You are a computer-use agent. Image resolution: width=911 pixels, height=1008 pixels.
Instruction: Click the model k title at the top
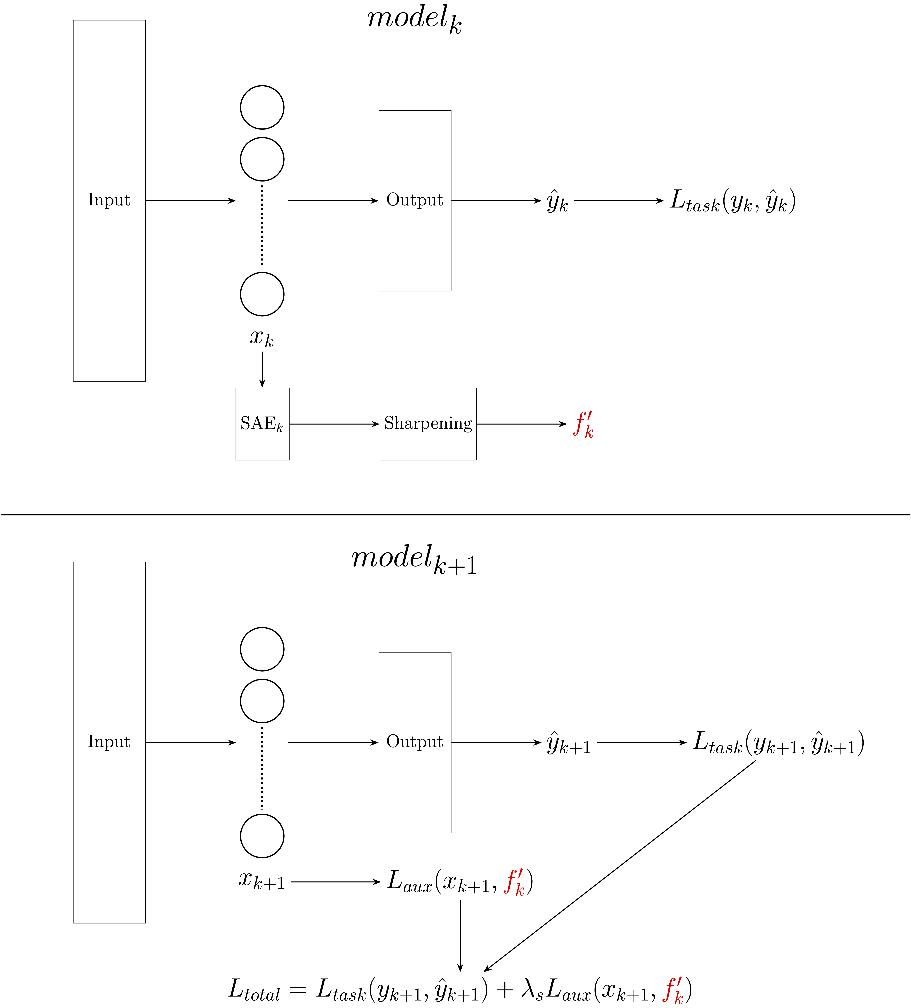click(414, 20)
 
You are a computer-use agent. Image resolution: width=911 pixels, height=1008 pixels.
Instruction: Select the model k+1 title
click(414, 560)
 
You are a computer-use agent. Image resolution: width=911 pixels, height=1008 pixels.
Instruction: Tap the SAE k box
click(262, 424)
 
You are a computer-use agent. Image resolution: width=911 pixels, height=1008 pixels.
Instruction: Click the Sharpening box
click(428, 424)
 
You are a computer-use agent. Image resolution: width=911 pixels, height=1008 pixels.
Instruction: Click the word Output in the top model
click(415, 200)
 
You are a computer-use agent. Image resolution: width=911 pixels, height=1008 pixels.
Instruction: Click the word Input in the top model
click(109, 200)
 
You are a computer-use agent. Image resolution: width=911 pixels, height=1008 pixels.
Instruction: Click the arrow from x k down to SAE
click(262, 369)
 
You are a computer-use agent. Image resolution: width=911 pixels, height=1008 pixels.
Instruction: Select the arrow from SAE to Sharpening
click(334, 424)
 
